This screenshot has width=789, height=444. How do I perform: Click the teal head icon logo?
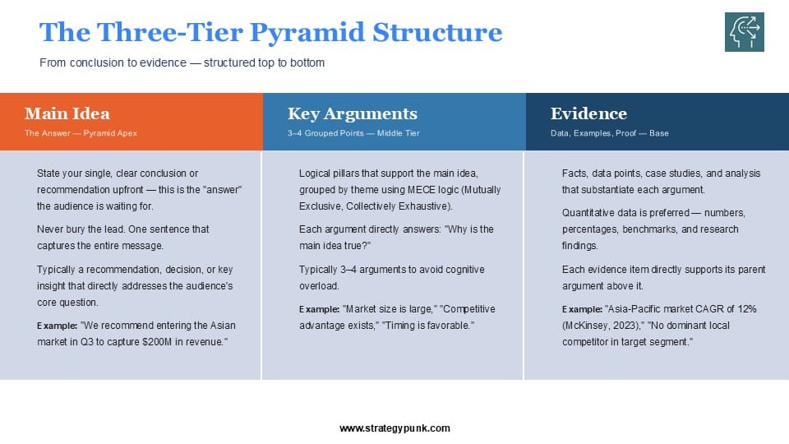745,32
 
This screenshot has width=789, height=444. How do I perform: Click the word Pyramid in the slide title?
307,33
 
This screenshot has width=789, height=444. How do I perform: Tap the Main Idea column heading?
67,113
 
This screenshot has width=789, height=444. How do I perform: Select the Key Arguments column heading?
353,113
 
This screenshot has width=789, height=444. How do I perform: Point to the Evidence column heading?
588,113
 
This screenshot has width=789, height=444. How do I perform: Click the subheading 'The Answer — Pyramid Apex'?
81,133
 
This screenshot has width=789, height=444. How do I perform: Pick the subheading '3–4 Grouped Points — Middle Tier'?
353,133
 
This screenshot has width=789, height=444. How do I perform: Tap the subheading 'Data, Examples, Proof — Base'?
609,133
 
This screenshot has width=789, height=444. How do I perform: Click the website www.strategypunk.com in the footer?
395,428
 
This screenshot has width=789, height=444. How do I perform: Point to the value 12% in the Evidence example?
747,309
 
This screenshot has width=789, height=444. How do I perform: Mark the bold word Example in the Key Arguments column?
319,309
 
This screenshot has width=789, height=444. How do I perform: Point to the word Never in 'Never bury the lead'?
49,229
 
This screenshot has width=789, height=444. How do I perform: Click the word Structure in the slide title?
437,32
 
